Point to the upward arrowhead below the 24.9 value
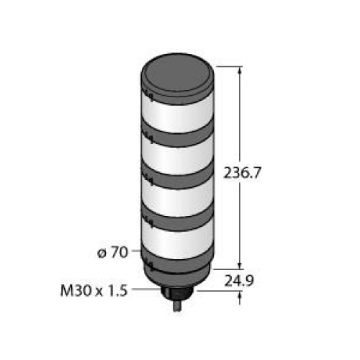(239, 294)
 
